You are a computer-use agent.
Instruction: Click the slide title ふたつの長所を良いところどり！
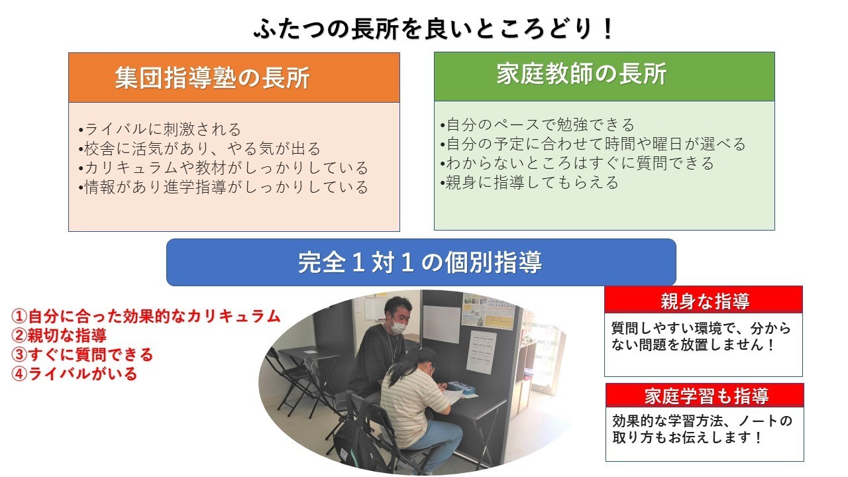[x=433, y=28]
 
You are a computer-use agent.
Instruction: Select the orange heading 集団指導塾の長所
[x=213, y=78]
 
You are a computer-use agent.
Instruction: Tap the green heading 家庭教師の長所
[x=582, y=74]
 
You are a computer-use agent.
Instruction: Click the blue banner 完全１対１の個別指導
[x=420, y=262]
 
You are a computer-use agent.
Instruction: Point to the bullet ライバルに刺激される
[x=160, y=129]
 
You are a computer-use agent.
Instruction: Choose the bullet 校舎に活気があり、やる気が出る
[x=199, y=149]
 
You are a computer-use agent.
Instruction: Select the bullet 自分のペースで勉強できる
[x=537, y=125]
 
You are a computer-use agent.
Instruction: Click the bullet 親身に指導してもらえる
[x=529, y=182]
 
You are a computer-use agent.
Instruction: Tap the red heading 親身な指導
[x=705, y=301]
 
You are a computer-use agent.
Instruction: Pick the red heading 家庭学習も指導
[x=706, y=396]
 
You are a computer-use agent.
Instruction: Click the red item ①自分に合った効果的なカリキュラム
[x=146, y=316]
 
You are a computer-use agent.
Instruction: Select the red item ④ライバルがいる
[x=74, y=374]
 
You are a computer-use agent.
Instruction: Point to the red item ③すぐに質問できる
[x=82, y=354]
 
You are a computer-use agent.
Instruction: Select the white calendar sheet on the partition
[x=481, y=352]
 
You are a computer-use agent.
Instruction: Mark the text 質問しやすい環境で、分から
[x=701, y=328]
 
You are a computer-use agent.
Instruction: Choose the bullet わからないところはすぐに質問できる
[x=577, y=163]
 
